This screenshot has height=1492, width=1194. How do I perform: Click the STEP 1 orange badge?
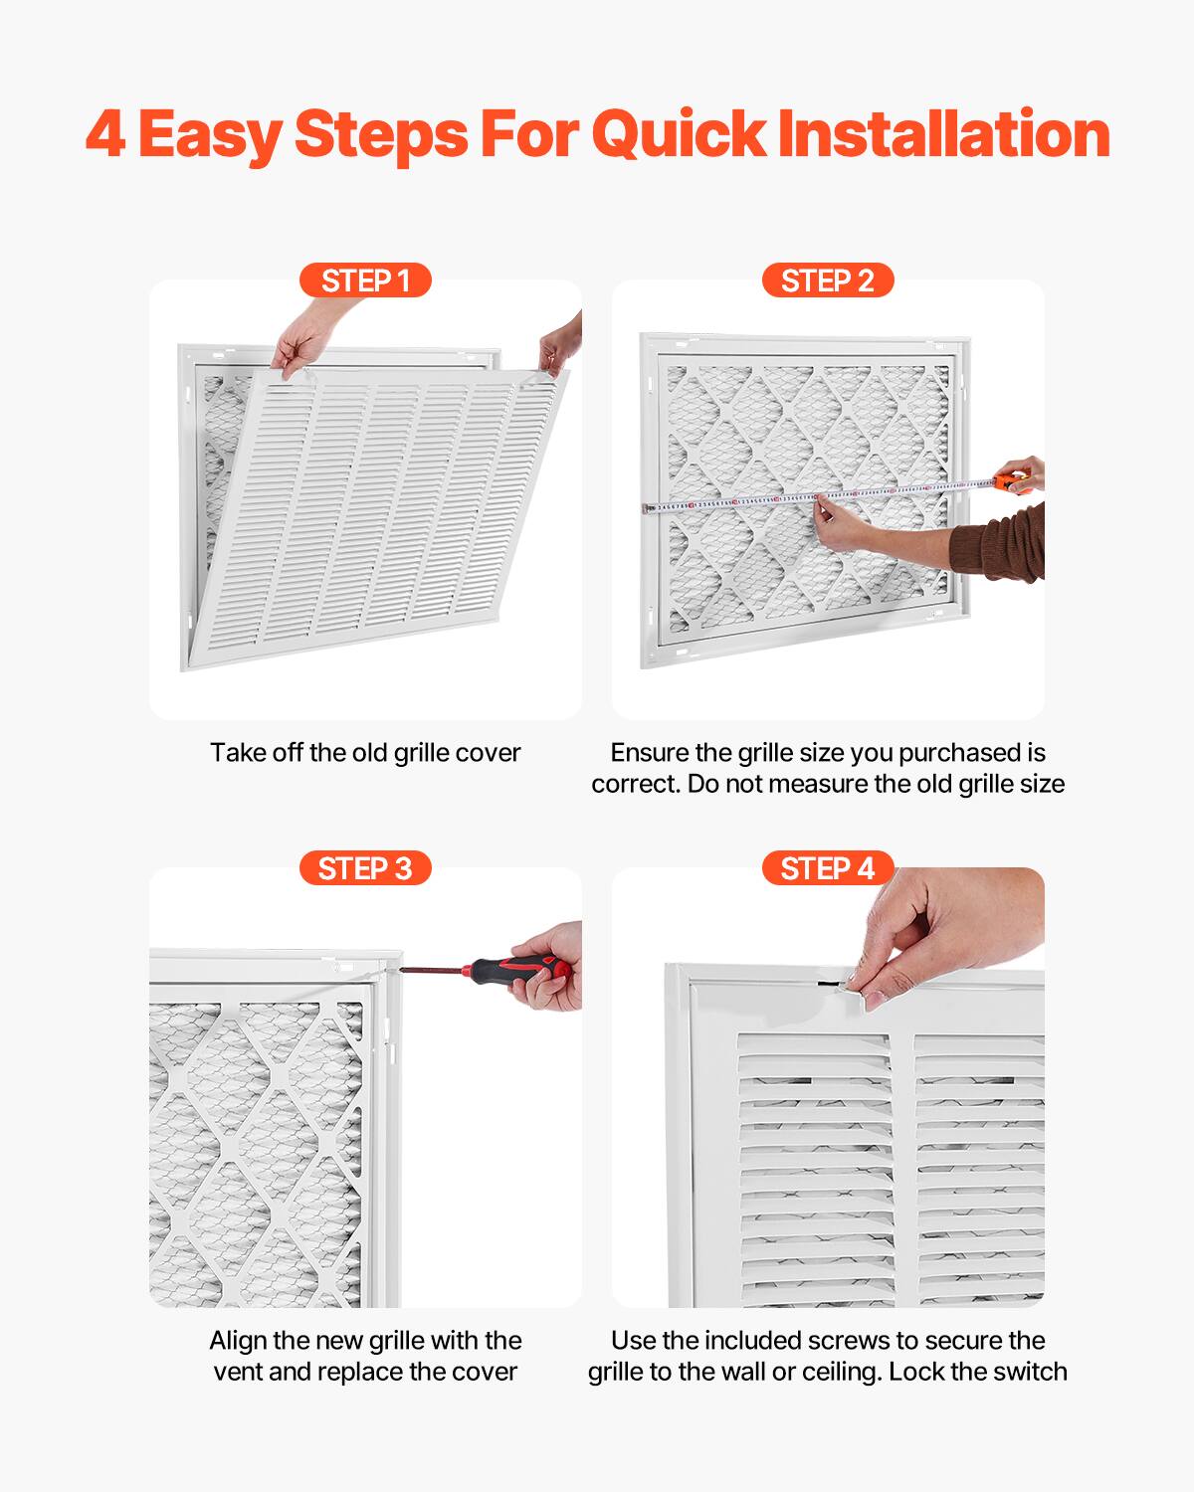(365, 280)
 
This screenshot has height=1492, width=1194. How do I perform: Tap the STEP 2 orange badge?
(827, 280)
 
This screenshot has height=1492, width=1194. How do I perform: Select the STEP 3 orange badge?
(365, 868)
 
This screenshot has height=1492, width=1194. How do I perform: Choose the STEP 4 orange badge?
(827, 868)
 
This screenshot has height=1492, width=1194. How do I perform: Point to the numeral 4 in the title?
(105, 134)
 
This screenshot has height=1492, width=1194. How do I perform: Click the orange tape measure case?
(1014, 482)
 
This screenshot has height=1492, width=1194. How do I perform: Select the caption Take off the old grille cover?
(365, 753)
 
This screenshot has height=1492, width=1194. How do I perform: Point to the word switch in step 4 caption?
(1030, 1372)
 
